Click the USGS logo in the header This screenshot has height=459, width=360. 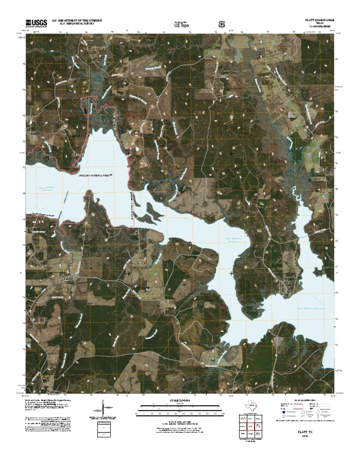coord(36,23)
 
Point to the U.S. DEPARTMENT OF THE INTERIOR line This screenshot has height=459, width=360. coord(77,20)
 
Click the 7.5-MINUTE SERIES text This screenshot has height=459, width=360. coord(320,27)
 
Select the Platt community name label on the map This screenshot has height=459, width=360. coord(67,279)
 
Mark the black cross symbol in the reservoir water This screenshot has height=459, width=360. coord(232,273)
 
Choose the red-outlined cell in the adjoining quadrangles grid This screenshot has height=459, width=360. coord(250,426)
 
